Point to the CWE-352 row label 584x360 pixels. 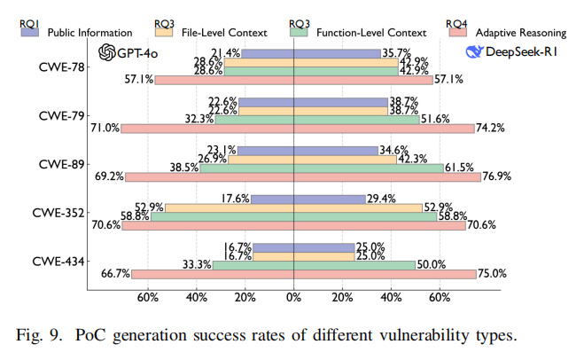[60, 214]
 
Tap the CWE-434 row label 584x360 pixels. [60, 262]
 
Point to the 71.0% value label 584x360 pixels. [105, 129]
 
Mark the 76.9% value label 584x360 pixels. [497, 176]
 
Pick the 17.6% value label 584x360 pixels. [237, 198]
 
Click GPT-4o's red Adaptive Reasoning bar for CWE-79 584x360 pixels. [207, 129]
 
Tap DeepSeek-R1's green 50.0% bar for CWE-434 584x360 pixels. [354, 264]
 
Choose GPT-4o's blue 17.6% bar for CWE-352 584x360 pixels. [272, 198]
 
